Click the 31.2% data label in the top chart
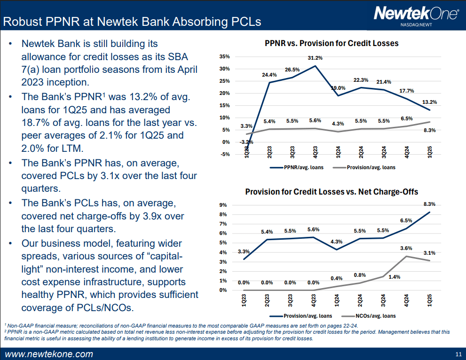[315, 58]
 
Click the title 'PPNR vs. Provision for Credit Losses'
[332, 43]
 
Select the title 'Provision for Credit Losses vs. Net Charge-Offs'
[332, 192]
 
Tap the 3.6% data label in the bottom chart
[406, 248]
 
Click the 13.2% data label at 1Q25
[429, 102]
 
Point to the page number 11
[458, 354]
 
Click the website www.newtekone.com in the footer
[49, 354]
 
